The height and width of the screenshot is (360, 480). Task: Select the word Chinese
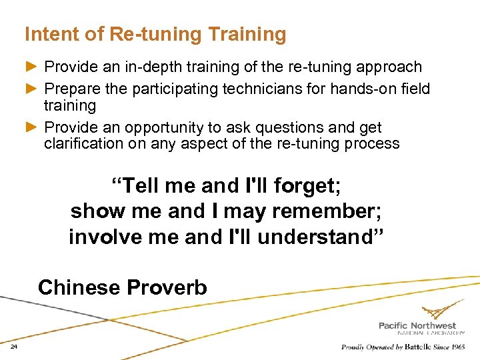(78, 287)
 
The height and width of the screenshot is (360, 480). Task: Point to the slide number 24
(14, 347)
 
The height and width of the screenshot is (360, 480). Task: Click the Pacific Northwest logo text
(417, 325)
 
